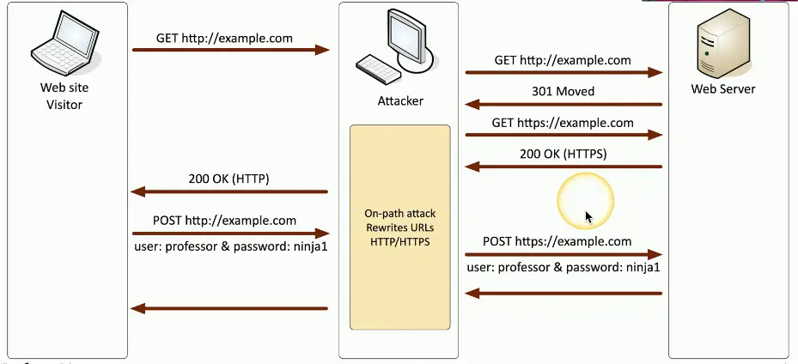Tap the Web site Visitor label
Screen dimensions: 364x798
(x=64, y=95)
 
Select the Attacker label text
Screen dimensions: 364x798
(x=400, y=101)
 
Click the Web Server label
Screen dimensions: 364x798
(x=723, y=88)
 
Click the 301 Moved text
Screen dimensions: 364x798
(x=563, y=91)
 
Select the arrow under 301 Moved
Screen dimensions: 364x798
(x=563, y=105)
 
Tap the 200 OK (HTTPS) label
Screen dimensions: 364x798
(x=563, y=154)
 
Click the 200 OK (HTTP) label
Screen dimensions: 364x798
(x=228, y=179)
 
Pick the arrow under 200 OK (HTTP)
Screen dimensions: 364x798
(x=228, y=192)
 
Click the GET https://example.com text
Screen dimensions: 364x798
(x=563, y=123)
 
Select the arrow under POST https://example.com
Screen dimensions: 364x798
(x=563, y=254)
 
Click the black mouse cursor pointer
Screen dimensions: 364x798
(x=588, y=217)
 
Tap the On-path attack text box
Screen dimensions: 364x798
(x=399, y=227)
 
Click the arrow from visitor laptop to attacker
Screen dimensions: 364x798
(x=230, y=51)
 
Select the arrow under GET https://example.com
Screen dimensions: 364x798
(x=563, y=135)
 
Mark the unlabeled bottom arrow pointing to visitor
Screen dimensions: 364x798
(x=228, y=308)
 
